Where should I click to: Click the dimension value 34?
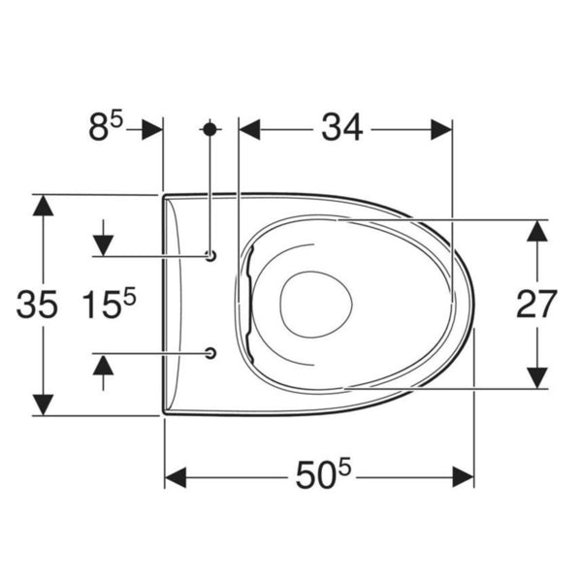tap(341, 128)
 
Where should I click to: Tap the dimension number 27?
tap(536, 305)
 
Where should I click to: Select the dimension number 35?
tap(37, 305)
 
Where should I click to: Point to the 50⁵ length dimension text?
tap(323, 473)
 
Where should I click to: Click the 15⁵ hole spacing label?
tap(109, 304)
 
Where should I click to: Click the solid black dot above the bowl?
tap(210, 129)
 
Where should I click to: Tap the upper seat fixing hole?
tap(210, 256)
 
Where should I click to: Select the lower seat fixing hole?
tap(210, 353)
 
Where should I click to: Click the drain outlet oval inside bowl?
tap(316, 305)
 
